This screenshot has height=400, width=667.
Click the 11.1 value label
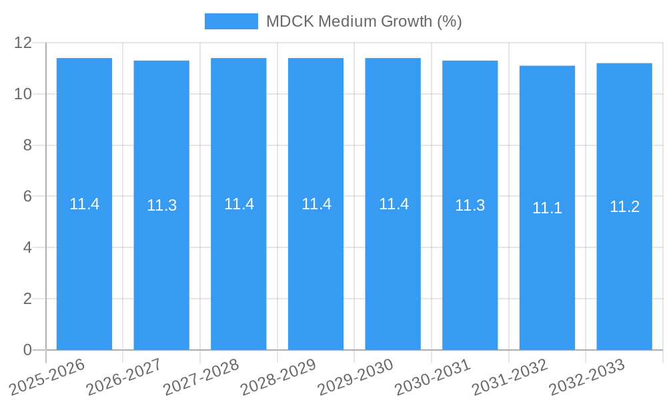point(547,208)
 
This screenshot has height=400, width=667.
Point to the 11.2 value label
point(624,207)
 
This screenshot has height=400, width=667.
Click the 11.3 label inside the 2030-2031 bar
point(470,205)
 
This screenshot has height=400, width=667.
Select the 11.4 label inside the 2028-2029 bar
point(316,204)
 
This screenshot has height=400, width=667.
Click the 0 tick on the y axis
point(27,350)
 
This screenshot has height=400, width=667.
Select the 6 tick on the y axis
point(27,197)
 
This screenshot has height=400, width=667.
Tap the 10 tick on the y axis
point(23,94)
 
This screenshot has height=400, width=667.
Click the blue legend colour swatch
point(231,21)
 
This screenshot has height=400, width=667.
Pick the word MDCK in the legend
point(287,21)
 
